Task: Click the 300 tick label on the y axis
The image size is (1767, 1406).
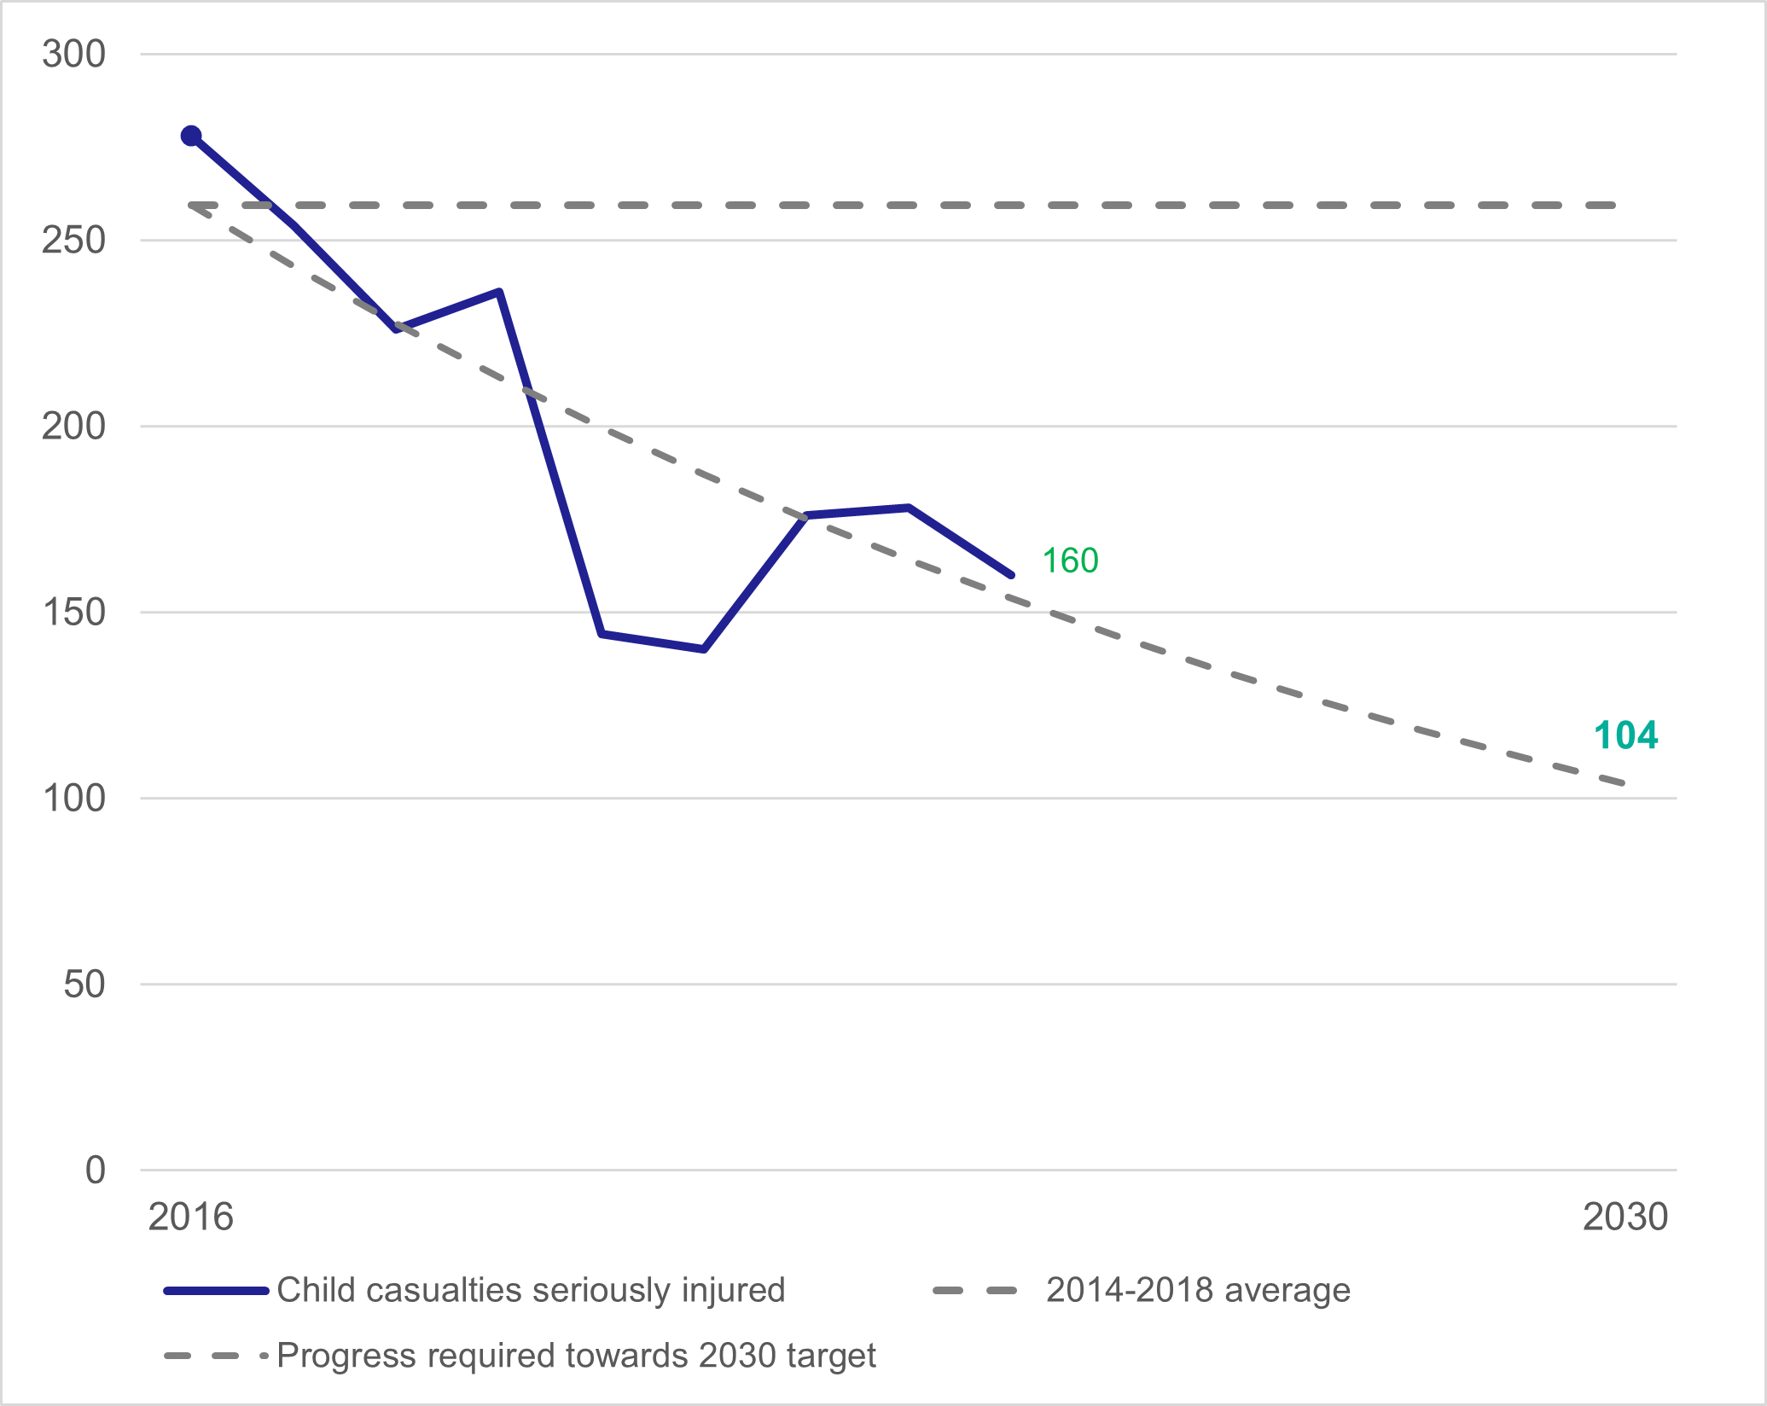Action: (x=73, y=54)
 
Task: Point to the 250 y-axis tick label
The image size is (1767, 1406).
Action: (x=73, y=240)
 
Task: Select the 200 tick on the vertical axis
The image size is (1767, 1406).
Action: (x=73, y=426)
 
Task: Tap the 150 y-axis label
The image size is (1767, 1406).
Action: (x=73, y=612)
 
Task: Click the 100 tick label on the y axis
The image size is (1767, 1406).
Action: (x=73, y=798)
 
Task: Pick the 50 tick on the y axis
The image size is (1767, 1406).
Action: (x=84, y=984)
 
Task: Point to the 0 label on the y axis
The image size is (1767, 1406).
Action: (x=95, y=1170)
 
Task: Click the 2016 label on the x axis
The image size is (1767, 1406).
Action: (x=190, y=1217)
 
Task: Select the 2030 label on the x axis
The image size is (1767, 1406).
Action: (x=1625, y=1217)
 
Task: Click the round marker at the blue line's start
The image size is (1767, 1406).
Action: (x=191, y=136)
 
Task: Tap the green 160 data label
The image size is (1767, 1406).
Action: (x=1070, y=561)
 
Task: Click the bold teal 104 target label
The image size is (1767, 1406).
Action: (x=1625, y=735)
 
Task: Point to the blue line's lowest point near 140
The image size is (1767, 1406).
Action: (x=704, y=649)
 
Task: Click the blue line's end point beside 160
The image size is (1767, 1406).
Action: (x=1011, y=575)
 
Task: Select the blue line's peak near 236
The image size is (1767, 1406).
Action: (x=499, y=292)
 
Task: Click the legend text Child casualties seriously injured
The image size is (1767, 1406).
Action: (x=530, y=1290)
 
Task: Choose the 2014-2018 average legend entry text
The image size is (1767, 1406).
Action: (x=1198, y=1290)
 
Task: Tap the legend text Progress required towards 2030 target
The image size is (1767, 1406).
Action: (x=576, y=1355)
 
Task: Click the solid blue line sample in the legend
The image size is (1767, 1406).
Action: (x=217, y=1291)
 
